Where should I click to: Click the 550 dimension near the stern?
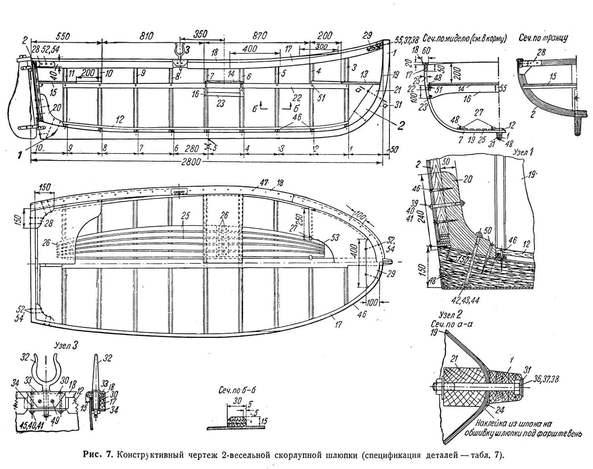pos(63,35)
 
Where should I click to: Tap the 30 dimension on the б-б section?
pos(237,400)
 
